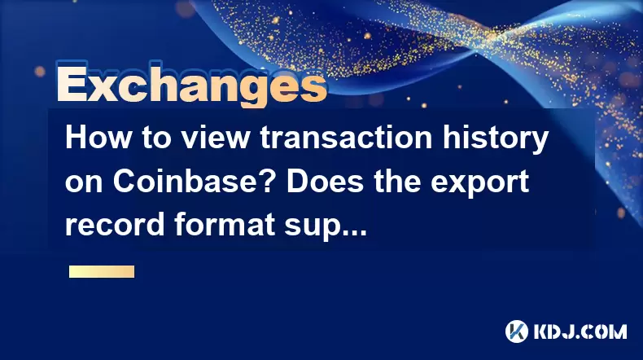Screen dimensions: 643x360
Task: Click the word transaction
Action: click(346, 138)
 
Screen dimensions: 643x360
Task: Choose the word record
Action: click(115, 225)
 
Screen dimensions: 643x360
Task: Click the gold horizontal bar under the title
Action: click(102, 272)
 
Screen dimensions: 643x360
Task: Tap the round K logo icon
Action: click(516, 331)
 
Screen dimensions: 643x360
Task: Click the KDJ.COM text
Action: click(580, 331)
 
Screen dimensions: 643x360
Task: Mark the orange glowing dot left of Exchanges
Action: click(40, 72)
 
